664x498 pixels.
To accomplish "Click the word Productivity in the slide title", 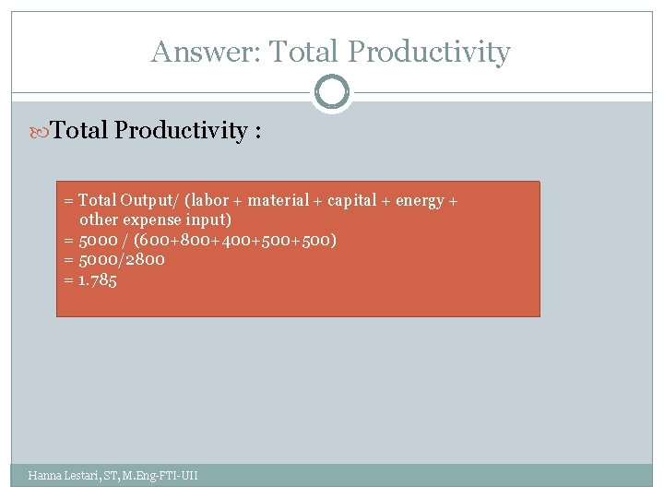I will tap(431, 52).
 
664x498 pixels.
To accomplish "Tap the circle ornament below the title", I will tap(332, 92).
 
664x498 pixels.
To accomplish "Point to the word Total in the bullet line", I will tap(80, 130).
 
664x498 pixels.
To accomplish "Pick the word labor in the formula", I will tap(209, 200).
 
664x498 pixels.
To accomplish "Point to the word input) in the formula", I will tap(208, 219).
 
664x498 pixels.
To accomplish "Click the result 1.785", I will tap(98, 279).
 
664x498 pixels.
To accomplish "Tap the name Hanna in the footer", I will tap(45, 476).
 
